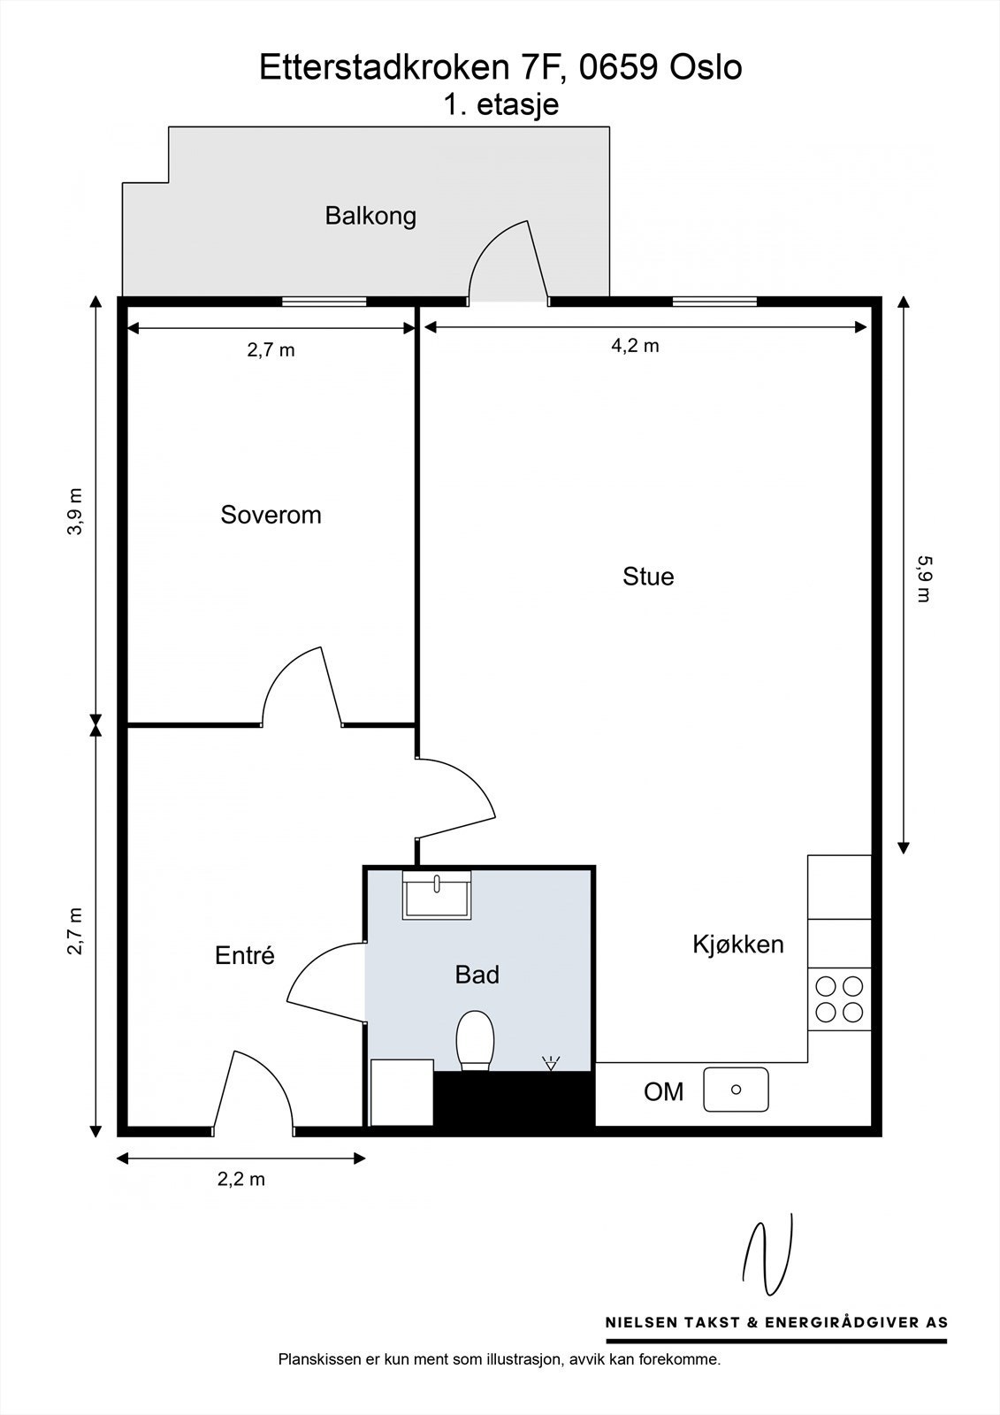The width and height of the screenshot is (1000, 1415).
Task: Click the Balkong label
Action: [370, 217]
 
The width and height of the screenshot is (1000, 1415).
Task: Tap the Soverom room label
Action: [271, 515]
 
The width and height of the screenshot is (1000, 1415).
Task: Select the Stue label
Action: [648, 577]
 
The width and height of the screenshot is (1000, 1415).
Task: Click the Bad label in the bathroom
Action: [477, 975]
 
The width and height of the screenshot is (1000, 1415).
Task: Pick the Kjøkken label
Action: [737, 945]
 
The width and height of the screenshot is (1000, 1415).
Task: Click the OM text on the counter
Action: [663, 1091]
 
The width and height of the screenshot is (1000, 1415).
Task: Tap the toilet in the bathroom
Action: [475, 1040]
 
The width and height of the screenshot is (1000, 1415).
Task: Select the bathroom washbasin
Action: [437, 895]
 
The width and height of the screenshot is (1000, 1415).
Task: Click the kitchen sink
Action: [736, 1090]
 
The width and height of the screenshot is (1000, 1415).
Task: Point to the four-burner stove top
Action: [839, 999]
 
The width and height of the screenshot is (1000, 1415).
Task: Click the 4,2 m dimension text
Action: [635, 346]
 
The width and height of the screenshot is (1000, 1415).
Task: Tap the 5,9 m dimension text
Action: [924, 578]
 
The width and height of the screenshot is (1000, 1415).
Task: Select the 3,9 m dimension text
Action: [75, 512]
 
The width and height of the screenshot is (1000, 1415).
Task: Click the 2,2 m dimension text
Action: [241, 1179]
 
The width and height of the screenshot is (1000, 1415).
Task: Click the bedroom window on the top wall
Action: [324, 302]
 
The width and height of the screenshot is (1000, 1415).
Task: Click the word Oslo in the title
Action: [706, 67]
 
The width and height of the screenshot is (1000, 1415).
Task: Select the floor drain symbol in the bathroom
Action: [551, 1063]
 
